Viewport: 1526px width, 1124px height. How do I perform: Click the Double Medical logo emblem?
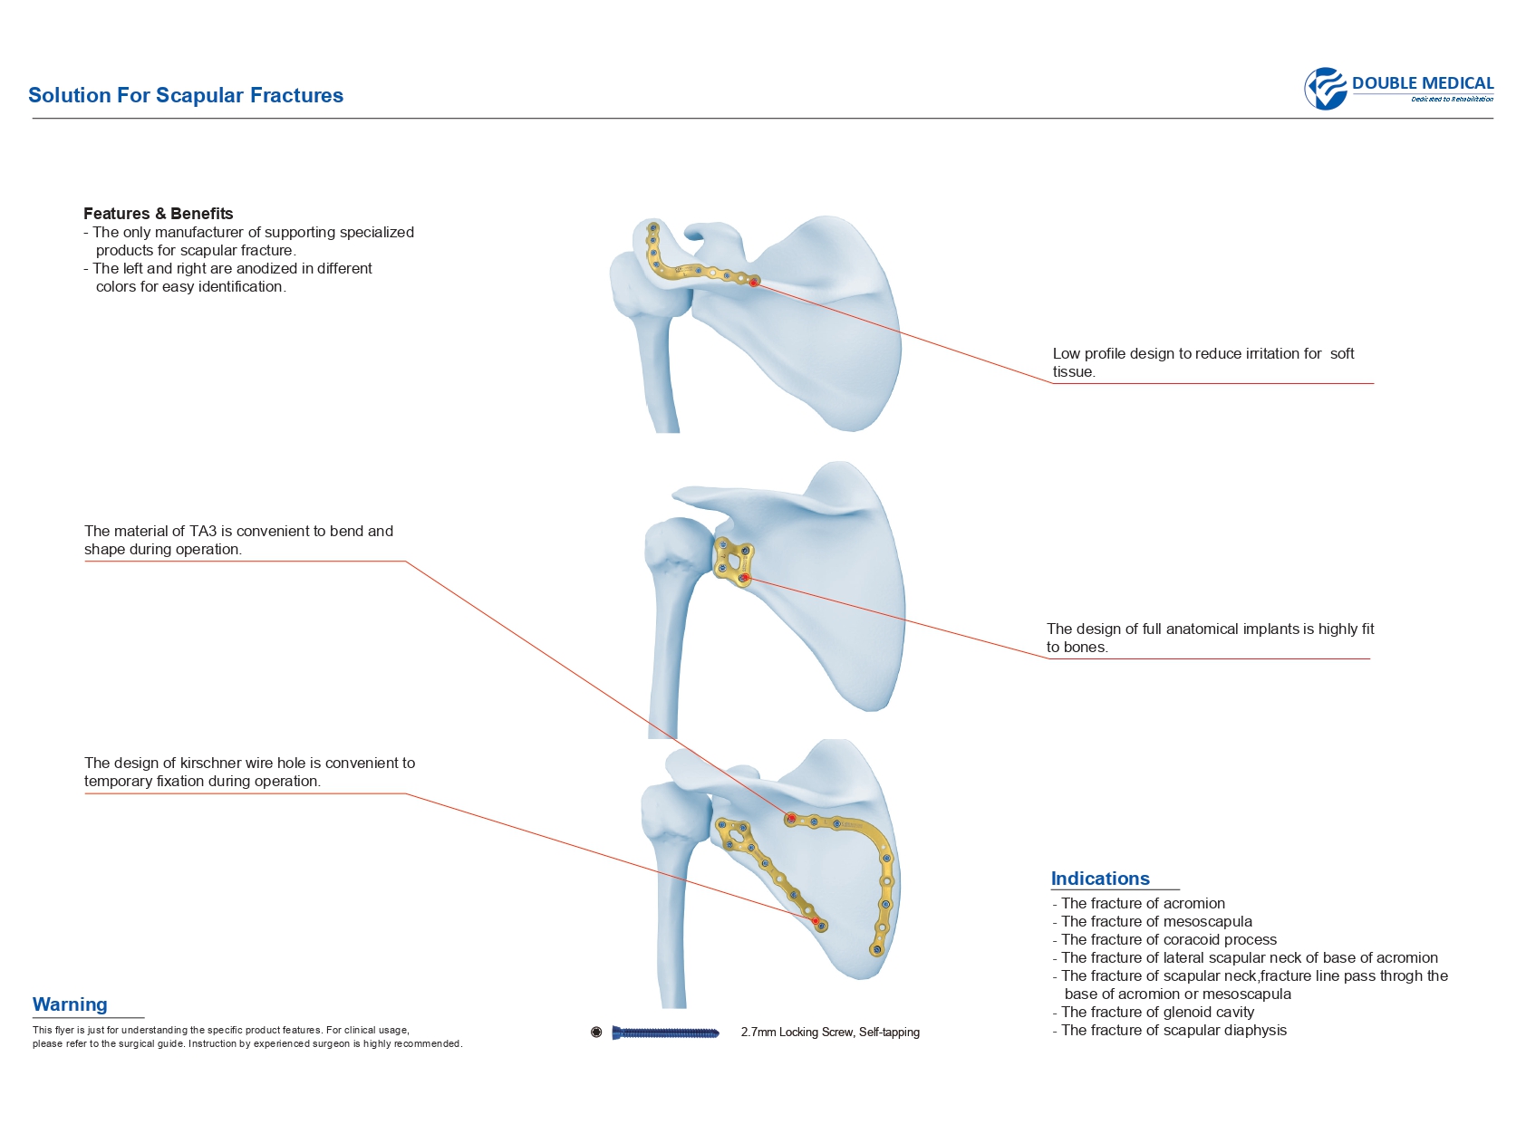pyautogui.click(x=1326, y=89)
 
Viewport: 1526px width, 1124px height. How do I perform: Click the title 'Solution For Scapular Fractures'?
pyautogui.click(x=186, y=95)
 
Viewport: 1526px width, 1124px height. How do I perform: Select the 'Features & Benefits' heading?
pyautogui.click(x=159, y=214)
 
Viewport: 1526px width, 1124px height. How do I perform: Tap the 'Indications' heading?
pyautogui.click(x=1100, y=879)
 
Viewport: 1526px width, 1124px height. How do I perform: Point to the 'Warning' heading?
pyautogui.click(x=70, y=1004)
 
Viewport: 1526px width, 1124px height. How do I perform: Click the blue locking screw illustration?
pyautogui.click(x=665, y=1033)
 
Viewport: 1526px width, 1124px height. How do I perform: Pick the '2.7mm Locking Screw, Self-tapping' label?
pyautogui.click(x=830, y=1033)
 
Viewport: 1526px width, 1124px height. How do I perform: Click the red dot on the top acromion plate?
pyautogui.click(x=754, y=283)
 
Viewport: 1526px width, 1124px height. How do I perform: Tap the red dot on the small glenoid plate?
pyautogui.click(x=745, y=578)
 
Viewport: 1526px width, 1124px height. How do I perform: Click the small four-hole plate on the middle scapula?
pyautogui.click(x=733, y=562)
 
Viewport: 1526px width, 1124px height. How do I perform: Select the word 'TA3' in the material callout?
pyautogui.click(x=200, y=532)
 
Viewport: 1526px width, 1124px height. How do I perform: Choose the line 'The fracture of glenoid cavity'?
pyautogui.click(x=1157, y=1013)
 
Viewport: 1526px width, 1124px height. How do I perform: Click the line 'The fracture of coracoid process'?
pyautogui.click(x=1168, y=940)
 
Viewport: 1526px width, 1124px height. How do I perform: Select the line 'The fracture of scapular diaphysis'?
pyautogui.click(x=1173, y=1031)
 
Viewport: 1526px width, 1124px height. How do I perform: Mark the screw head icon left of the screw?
pyautogui.click(x=596, y=1033)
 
